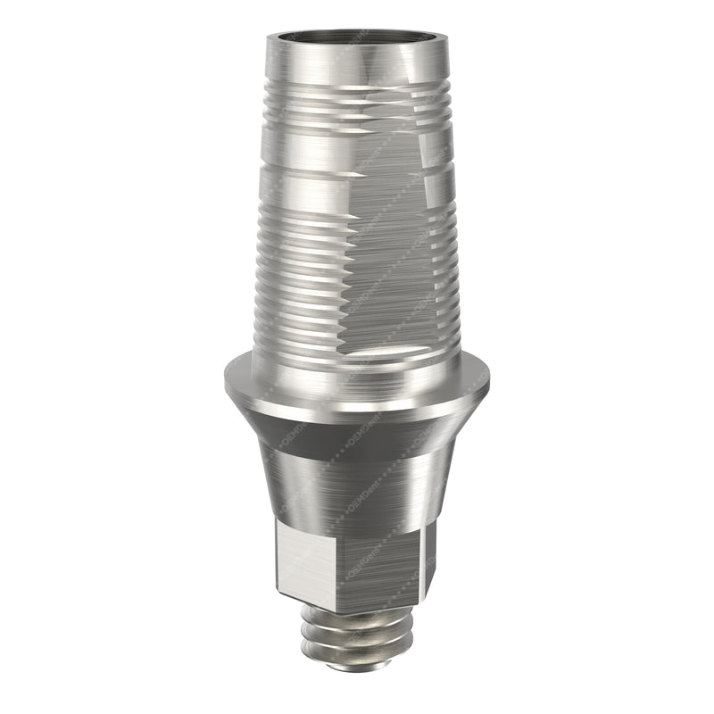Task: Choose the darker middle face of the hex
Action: click(x=375, y=567)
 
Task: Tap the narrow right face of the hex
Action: click(x=429, y=558)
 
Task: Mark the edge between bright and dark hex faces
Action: click(x=333, y=567)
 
